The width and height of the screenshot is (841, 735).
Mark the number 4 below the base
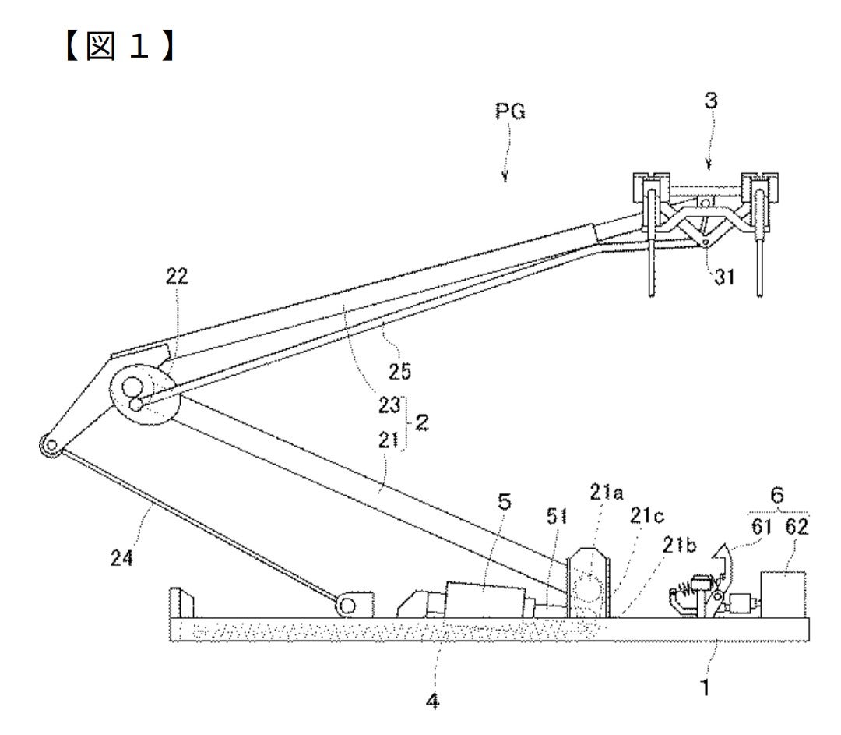pyautogui.click(x=432, y=701)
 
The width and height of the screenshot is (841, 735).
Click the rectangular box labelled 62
pyautogui.click(x=783, y=594)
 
